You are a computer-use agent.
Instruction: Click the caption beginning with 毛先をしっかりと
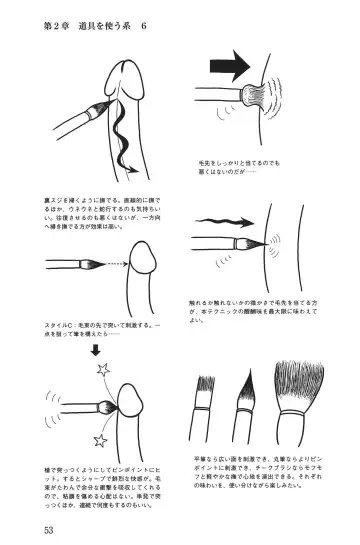[x=238, y=165]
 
